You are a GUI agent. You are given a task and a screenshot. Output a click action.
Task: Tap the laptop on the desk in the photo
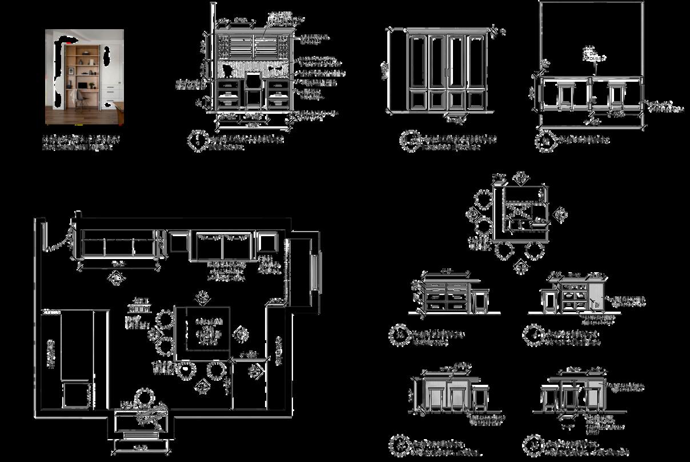pos(82,85)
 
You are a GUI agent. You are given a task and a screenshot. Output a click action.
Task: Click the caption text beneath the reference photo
pos(81,142)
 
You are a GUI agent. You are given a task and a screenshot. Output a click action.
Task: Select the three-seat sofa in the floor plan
pos(119,245)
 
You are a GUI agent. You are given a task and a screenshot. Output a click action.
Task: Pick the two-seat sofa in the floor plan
pos(223,246)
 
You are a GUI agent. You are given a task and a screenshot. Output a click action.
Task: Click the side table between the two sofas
pos(178,242)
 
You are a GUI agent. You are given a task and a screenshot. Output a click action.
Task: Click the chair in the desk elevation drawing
pos(254,89)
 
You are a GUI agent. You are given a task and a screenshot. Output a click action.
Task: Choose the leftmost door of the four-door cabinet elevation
pos(418,72)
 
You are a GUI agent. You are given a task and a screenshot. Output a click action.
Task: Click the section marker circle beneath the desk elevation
pos(198,141)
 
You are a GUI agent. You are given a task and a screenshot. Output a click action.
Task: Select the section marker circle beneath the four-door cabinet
pos(410,141)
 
